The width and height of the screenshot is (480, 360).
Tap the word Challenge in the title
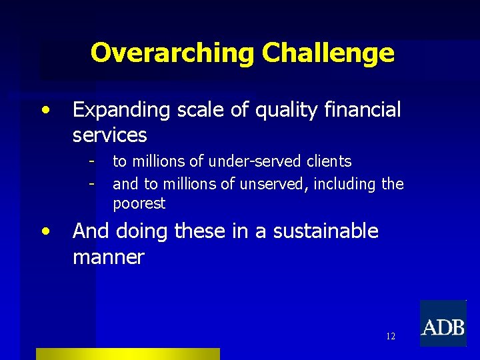click(x=328, y=53)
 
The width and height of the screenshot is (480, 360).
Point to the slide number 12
click(x=390, y=337)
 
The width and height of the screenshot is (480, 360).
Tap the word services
click(x=109, y=135)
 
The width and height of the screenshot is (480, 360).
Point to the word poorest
click(x=139, y=203)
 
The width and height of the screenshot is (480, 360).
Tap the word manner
click(x=108, y=257)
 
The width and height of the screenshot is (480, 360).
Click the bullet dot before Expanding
click(x=46, y=109)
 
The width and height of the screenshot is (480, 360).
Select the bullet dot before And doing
click(x=46, y=231)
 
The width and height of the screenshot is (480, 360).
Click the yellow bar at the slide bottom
click(x=127, y=354)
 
